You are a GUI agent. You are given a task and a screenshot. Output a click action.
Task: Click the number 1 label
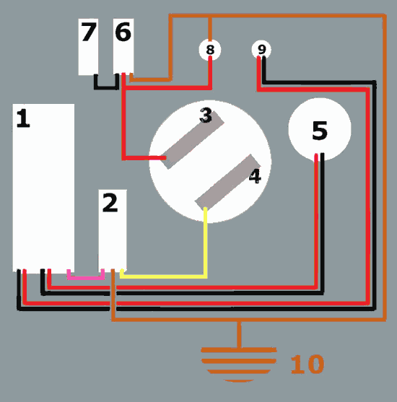coord(23,118)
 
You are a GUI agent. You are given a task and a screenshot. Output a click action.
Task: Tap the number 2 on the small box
coord(110,203)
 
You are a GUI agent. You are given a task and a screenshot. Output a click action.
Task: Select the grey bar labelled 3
coord(192,140)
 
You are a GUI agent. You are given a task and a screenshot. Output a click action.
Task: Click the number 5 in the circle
coord(320,131)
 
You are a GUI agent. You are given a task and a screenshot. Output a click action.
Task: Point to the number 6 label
coord(123,32)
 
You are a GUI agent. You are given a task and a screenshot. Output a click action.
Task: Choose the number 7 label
coord(89,32)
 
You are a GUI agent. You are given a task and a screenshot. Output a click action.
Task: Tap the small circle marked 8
coord(210,50)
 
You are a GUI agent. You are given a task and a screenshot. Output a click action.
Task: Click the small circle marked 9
coord(261,49)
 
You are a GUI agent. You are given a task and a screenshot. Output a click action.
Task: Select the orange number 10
coord(307,364)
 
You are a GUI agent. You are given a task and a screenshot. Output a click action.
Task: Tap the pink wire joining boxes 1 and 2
coord(86,278)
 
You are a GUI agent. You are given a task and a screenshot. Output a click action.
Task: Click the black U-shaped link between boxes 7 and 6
coord(106,87)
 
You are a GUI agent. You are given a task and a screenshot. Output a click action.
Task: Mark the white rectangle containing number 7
coord(88,47)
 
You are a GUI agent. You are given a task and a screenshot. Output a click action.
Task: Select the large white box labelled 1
coord(43,188)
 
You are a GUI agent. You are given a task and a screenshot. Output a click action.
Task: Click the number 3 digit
coord(206,115)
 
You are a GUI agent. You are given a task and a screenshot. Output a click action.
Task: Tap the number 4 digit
coord(255,176)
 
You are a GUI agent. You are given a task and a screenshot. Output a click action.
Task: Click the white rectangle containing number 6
coord(123,46)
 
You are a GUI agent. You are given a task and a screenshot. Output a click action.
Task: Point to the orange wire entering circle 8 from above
coord(210,28)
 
